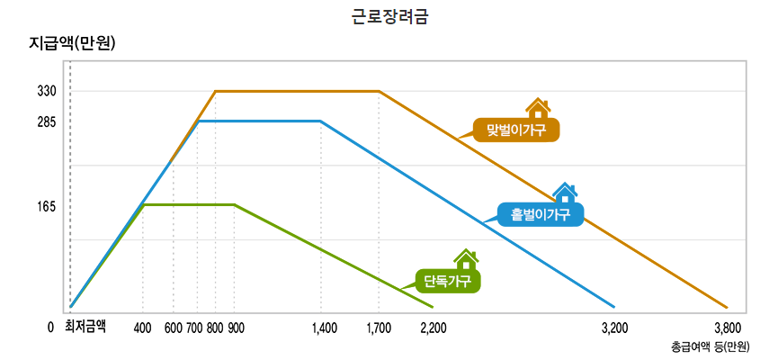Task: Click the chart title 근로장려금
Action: click(x=389, y=15)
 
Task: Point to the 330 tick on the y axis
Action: click(x=47, y=92)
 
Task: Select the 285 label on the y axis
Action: click(x=47, y=121)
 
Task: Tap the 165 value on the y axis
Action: click(x=47, y=206)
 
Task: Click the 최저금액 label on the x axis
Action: click(x=85, y=328)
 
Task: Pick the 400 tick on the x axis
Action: click(x=142, y=328)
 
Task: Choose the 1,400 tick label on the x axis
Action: click(x=324, y=328)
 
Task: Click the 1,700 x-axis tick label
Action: click(x=379, y=328)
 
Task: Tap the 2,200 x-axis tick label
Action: click(x=434, y=328)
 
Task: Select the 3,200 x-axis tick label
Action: click(x=614, y=328)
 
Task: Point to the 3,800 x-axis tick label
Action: click(x=727, y=328)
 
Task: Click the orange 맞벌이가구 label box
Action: click(x=516, y=130)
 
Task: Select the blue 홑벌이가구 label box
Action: click(x=541, y=214)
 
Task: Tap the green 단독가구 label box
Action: click(x=447, y=281)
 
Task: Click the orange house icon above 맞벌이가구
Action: click(x=538, y=109)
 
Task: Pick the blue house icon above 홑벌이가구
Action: click(x=565, y=193)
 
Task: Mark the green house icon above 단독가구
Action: click(x=466, y=259)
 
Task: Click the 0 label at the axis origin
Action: click(x=51, y=328)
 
